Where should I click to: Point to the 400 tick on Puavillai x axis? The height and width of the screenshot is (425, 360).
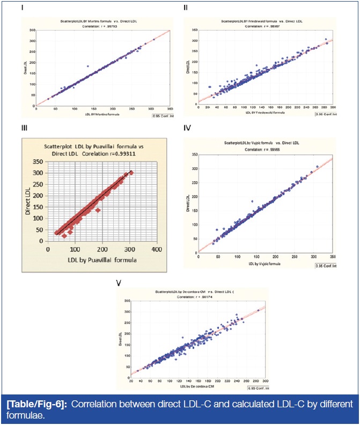(x=156, y=249)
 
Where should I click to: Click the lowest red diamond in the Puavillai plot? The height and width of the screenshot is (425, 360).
(x=64, y=236)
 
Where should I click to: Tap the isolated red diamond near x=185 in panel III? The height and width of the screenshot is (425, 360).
(x=98, y=210)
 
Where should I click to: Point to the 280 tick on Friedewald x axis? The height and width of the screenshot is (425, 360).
(x=326, y=108)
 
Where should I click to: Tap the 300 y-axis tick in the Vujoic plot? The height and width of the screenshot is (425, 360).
(x=195, y=169)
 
